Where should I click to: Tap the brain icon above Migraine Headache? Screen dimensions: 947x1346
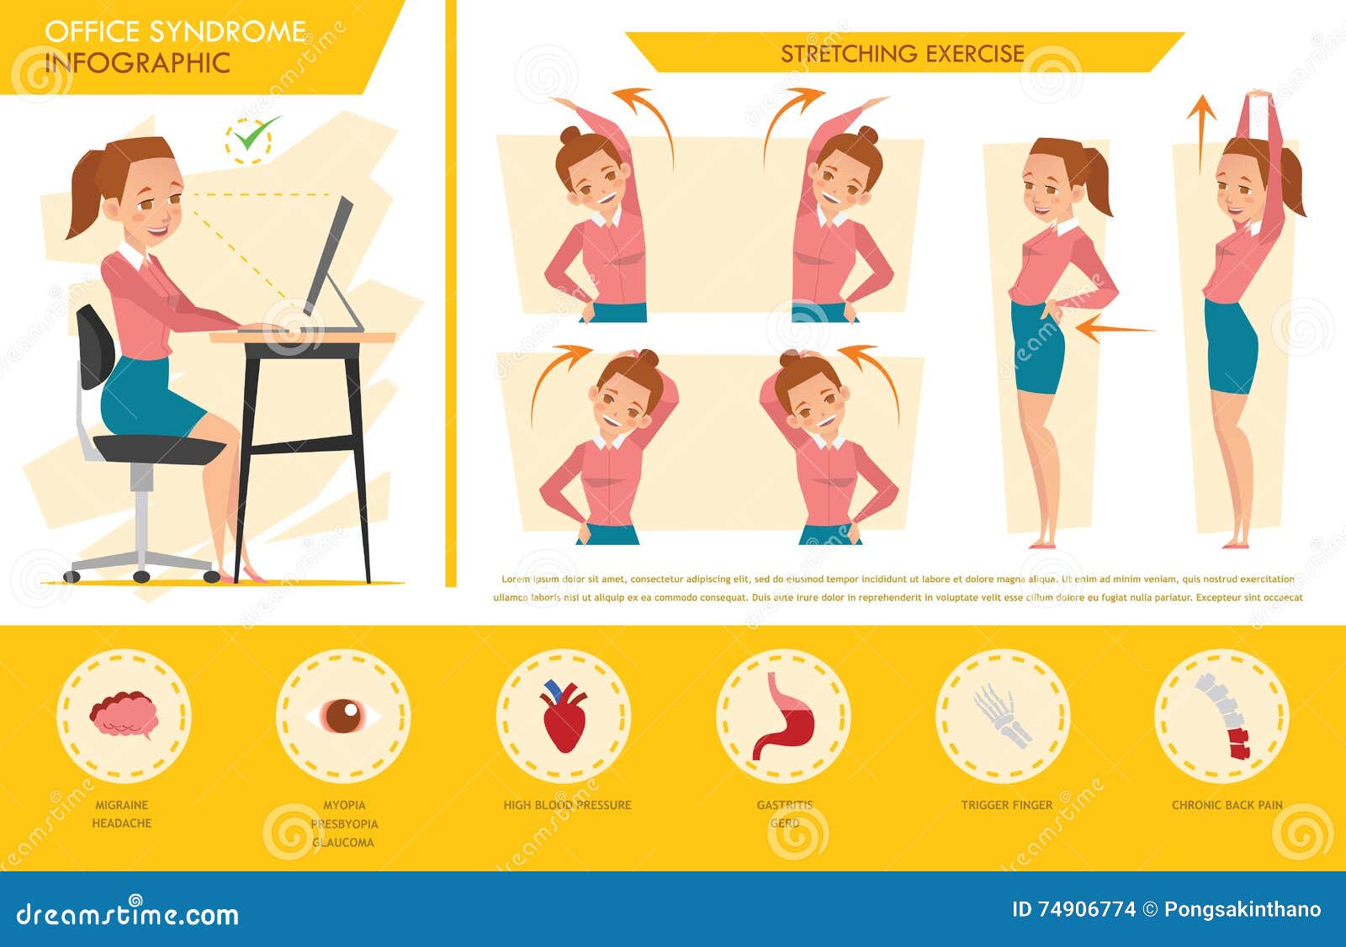pyautogui.click(x=125, y=715)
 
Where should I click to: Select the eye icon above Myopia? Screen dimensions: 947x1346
pyautogui.click(x=343, y=716)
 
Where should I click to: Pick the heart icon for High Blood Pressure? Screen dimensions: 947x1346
pyautogui.click(x=564, y=717)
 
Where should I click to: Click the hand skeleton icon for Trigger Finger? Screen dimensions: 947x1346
pyautogui.click(x=1003, y=716)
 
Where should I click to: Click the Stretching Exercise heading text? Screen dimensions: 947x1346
pyautogui.click(x=903, y=54)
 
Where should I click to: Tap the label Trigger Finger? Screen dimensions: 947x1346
pyautogui.click(x=1006, y=805)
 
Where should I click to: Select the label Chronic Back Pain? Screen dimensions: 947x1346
pyautogui.click(x=1227, y=805)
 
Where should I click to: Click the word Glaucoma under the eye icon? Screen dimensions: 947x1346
pyautogui.click(x=343, y=842)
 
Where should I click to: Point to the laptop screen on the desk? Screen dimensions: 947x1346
pyautogui.click(x=329, y=252)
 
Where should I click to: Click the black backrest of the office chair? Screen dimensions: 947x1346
pyautogui.click(x=95, y=346)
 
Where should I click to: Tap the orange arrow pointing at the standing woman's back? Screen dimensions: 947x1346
pyautogui.click(x=1112, y=328)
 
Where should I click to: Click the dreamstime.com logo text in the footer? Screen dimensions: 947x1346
pyautogui.click(x=128, y=913)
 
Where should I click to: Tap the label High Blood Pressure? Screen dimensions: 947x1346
pyautogui.click(x=567, y=805)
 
